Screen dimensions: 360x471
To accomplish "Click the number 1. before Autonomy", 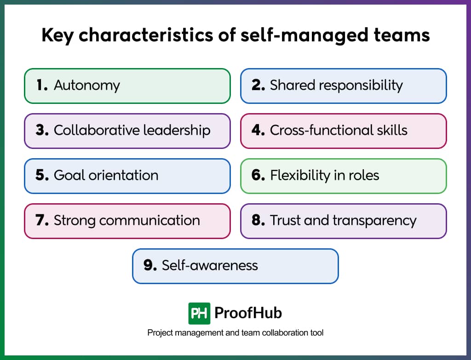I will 42,85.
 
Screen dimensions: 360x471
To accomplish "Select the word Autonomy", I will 87,86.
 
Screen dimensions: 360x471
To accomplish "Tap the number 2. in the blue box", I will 258,85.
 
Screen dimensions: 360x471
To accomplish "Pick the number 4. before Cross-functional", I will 258,130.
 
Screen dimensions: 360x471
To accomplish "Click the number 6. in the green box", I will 258,175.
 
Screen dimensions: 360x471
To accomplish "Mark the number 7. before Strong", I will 42,220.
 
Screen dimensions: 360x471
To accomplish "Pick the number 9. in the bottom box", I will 150,265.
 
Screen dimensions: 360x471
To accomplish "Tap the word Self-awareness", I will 210,265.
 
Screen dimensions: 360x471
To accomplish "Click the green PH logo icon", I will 199,313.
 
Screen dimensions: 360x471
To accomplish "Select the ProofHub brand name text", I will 248,313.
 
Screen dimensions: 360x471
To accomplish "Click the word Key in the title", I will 57,35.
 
